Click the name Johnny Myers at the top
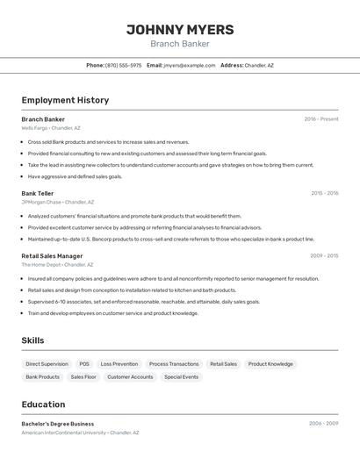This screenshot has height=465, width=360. point(180,30)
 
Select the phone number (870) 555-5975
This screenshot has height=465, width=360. point(123,65)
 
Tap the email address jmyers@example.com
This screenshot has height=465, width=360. point(189,65)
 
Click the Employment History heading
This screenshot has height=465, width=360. point(65,100)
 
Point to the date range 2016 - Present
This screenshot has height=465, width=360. point(321,119)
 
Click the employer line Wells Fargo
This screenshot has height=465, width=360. point(50,128)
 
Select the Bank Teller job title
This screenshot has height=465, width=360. point(38,193)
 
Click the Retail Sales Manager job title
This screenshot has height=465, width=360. point(52,256)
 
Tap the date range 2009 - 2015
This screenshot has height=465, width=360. point(324,256)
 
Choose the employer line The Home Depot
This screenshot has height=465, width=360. point(57,265)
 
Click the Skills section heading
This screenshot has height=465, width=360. point(32,340)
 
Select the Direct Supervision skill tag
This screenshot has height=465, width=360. point(47,364)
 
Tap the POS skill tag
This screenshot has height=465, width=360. point(84,364)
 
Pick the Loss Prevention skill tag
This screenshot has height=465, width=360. point(119,364)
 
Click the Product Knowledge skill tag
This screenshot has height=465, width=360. point(270,364)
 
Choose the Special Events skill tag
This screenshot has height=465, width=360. point(181,377)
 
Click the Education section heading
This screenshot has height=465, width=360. point(43,404)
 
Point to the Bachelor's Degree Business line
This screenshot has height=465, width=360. point(57,424)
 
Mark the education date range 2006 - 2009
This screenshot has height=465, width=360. point(323,424)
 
